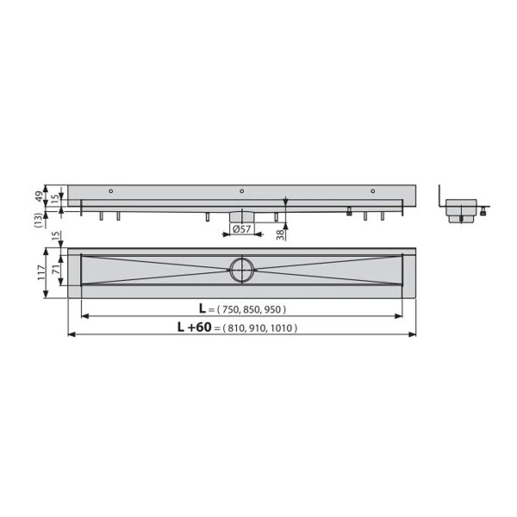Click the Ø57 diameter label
pos(242,228)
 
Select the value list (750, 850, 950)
pos(252,309)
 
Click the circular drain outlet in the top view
pos(241,271)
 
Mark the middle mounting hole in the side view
pos(242,190)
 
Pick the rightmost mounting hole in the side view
pos(373,190)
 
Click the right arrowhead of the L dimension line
pos(400,315)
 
